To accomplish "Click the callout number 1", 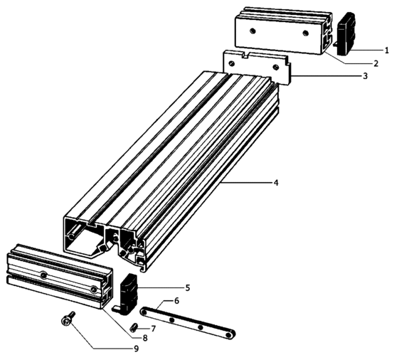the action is click(x=386, y=51).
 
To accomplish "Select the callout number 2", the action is click(x=376, y=63).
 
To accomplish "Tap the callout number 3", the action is click(x=365, y=76).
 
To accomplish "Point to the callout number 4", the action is click(x=276, y=183).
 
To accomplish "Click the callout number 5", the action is click(x=188, y=288).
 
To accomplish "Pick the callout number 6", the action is click(x=176, y=301).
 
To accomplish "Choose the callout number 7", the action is click(x=153, y=329).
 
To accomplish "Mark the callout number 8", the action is click(x=145, y=338).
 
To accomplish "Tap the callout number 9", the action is click(x=137, y=349).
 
